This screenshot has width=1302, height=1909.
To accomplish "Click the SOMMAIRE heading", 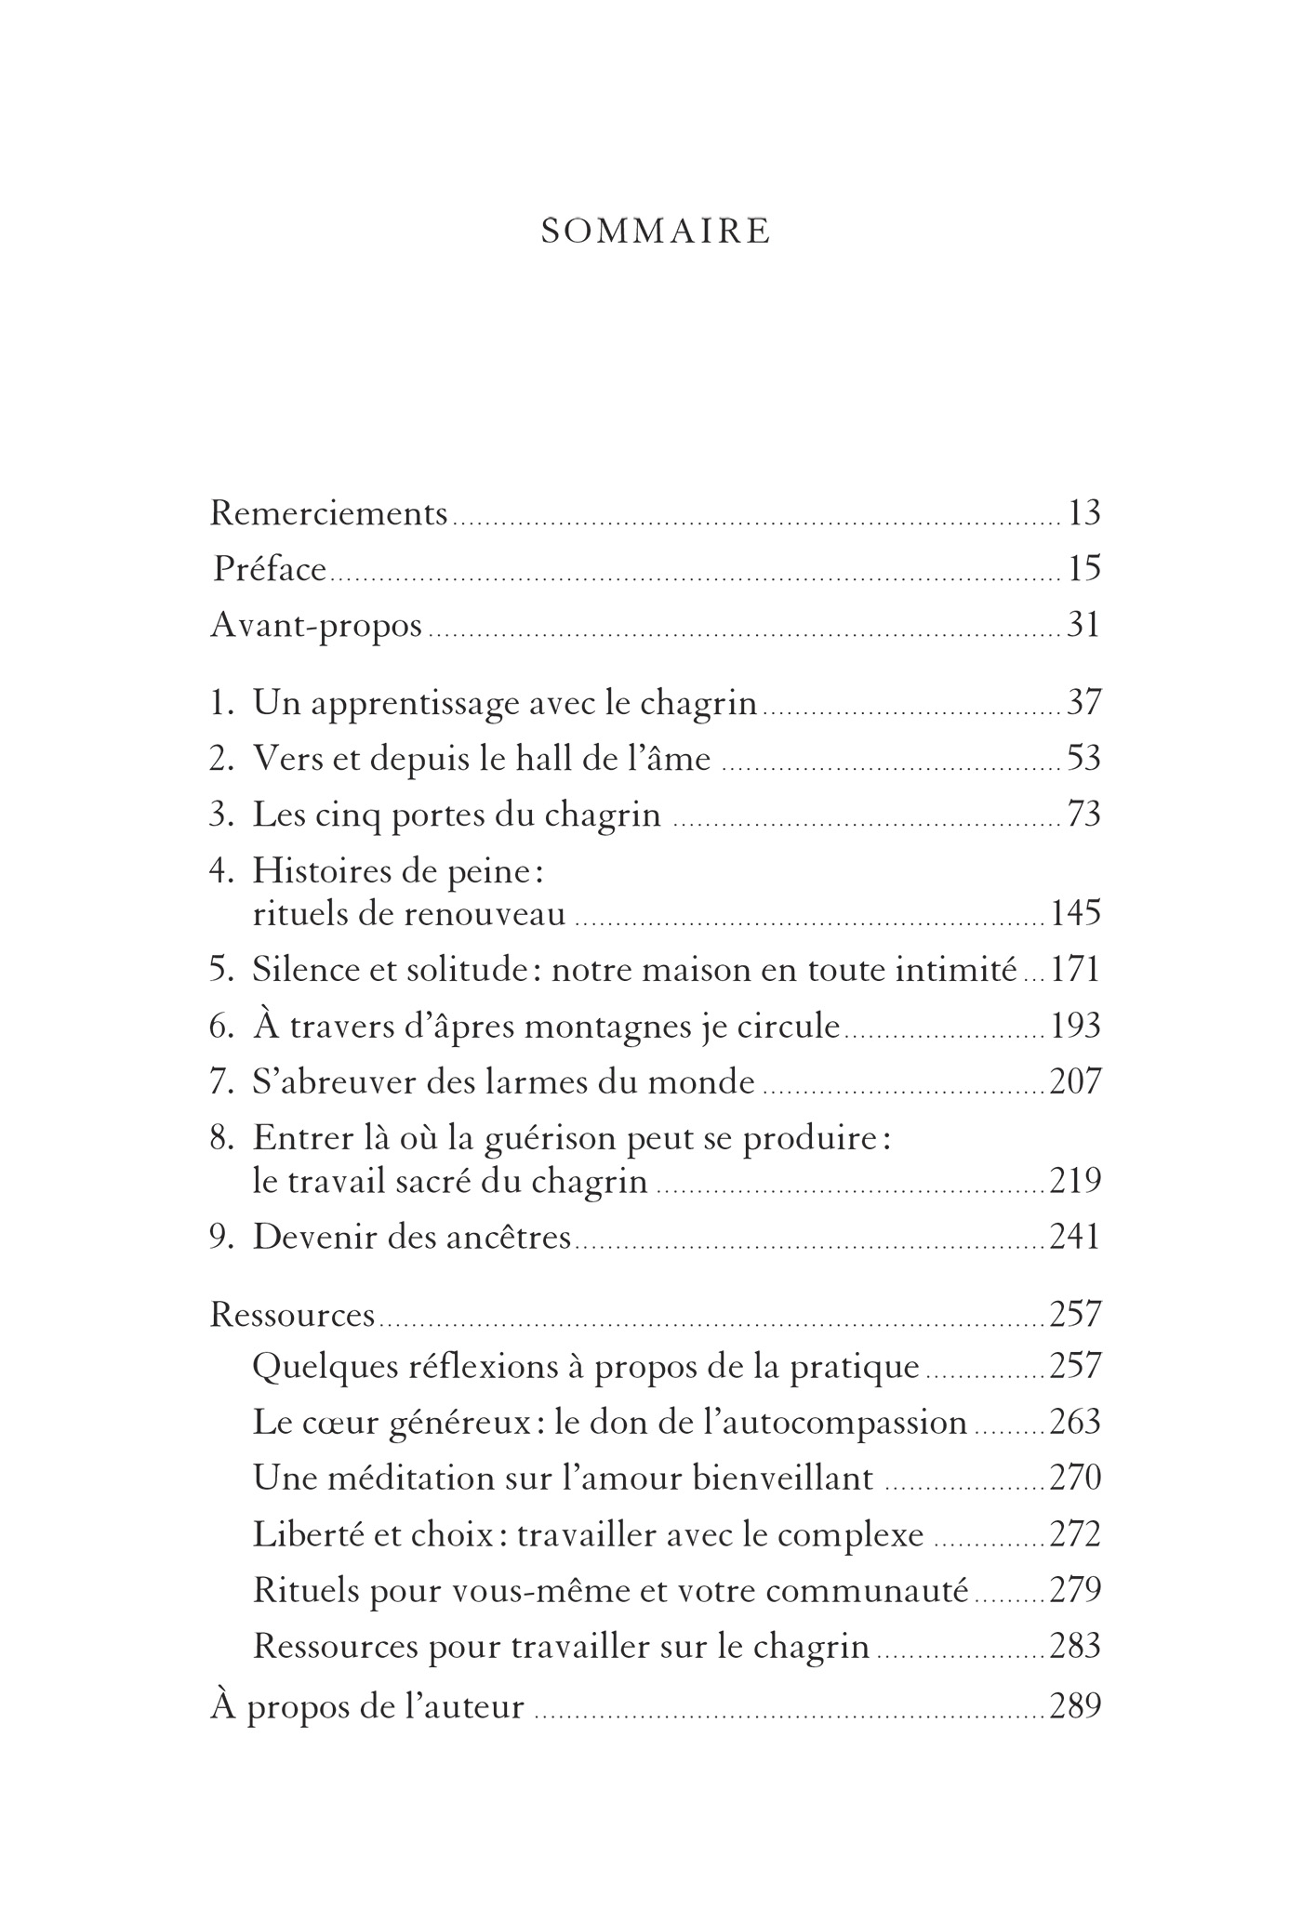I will tap(656, 232).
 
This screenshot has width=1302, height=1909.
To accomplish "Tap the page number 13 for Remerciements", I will tap(1084, 512).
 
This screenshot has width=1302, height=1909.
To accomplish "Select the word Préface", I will tap(270, 568).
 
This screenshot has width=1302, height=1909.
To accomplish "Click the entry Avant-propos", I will tap(316, 625).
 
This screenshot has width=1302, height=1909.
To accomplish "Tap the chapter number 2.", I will tap(219, 759).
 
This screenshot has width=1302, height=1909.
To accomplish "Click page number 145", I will tap(1076, 912).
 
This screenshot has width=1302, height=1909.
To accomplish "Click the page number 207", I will tap(1075, 1081).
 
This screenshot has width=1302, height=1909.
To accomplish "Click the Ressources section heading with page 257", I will tap(293, 1314).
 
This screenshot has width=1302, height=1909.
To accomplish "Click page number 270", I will tap(1075, 1478).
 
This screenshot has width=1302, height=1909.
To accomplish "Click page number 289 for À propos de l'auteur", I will tap(1075, 1706).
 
